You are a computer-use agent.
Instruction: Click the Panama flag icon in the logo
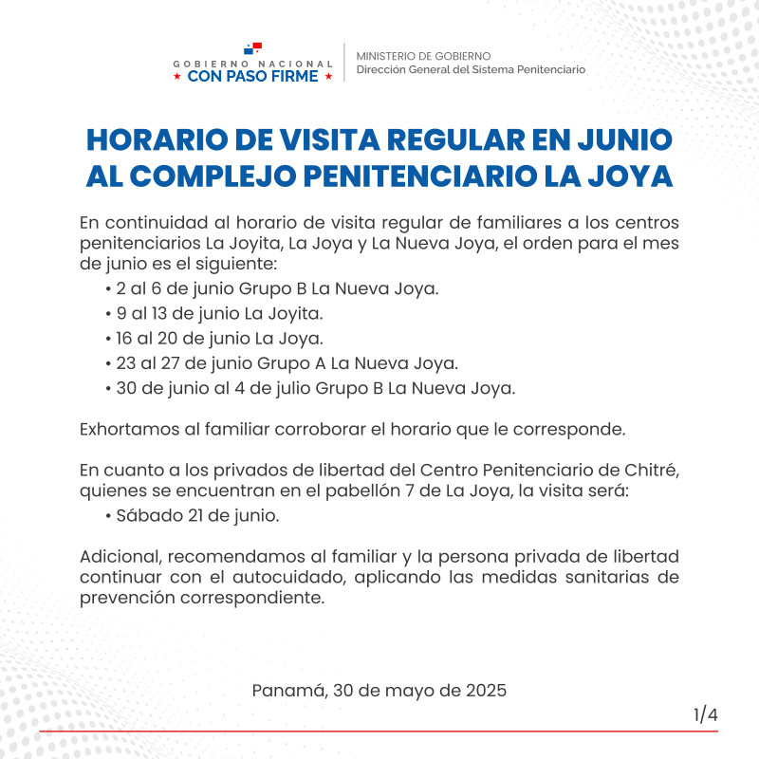(252, 47)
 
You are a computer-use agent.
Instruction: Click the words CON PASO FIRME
(253, 77)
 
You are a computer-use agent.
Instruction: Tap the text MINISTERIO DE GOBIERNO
(424, 56)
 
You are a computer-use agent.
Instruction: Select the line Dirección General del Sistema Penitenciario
(471, 69)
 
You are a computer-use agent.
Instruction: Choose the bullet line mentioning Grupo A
(281, 362)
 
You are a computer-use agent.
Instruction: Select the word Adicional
(117, 556)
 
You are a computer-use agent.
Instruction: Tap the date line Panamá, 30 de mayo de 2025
(379, 690)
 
